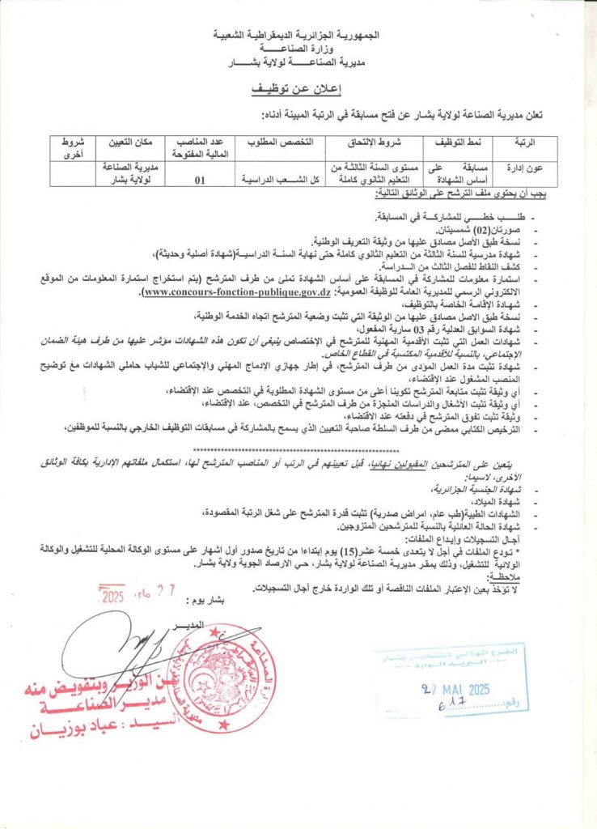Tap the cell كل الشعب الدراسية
[272, 181]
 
